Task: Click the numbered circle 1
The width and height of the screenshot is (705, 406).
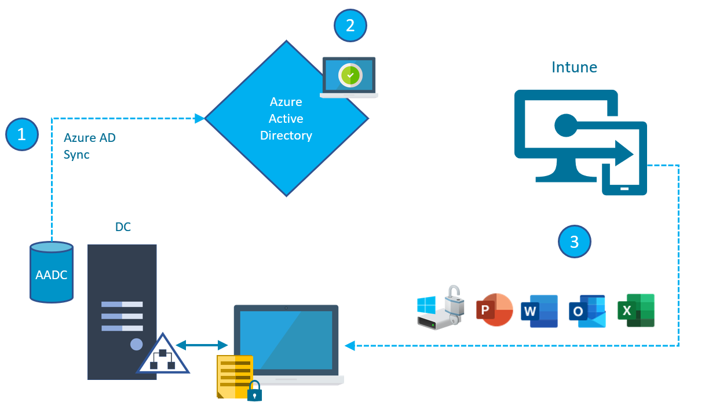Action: click(x=22, y=134)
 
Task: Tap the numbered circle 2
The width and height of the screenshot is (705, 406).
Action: click(x=350, y=25)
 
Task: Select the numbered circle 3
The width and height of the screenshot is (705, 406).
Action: click(x=574, y=241)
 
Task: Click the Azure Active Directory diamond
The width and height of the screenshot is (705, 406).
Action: click(x=286, y=119)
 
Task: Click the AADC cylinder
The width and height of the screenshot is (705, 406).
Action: click(x=52, y=273)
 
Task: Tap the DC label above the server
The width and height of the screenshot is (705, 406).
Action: click(x=123, y=227)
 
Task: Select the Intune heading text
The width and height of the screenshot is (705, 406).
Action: click(x=574, y=67)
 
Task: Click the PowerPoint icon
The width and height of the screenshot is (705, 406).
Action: click(x=494, y=311)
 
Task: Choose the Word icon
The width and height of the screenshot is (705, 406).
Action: click(x=539, y=311)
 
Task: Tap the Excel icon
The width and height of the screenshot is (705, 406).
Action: click(x=635, y=310)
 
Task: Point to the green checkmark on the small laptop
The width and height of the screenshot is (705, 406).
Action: click(x=350, y=75)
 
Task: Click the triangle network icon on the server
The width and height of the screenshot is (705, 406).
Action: click(x=163, y=356)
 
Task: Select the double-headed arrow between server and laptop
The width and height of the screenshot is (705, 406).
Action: click(x=202, y=345)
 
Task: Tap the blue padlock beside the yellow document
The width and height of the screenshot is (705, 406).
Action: click(x=254, y=392)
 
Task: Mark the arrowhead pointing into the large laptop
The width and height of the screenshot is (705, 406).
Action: click(x=349, y=346)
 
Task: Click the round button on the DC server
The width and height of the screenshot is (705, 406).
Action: click(x=136, y=344)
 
